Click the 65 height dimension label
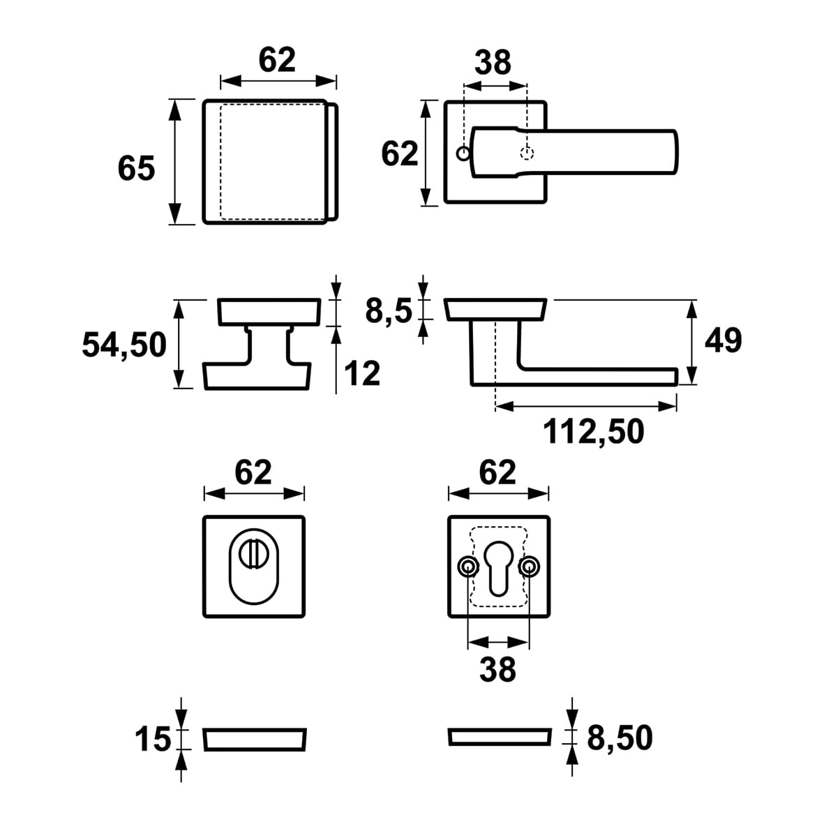pos(136,169)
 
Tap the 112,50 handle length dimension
pos(593,432)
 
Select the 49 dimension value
pos(723,340)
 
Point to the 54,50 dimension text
pos(124,345)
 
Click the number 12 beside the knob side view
pos(363,374)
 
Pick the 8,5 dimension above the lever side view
pos(389,310)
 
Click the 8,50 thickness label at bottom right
pos(620,738)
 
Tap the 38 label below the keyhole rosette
pos(497,670)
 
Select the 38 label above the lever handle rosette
pos(493,63)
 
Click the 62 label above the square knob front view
pos(277,60)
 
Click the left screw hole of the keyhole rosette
pos(467,566)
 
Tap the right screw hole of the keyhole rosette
pos(530,566)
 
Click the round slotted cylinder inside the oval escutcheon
pos(253,555)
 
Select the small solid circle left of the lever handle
pos(462,153)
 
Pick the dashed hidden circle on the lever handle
pos(527,153)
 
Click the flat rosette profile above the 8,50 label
pos(498,738)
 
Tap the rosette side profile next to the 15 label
pos(255,740)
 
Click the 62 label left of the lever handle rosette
pos(399,153)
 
